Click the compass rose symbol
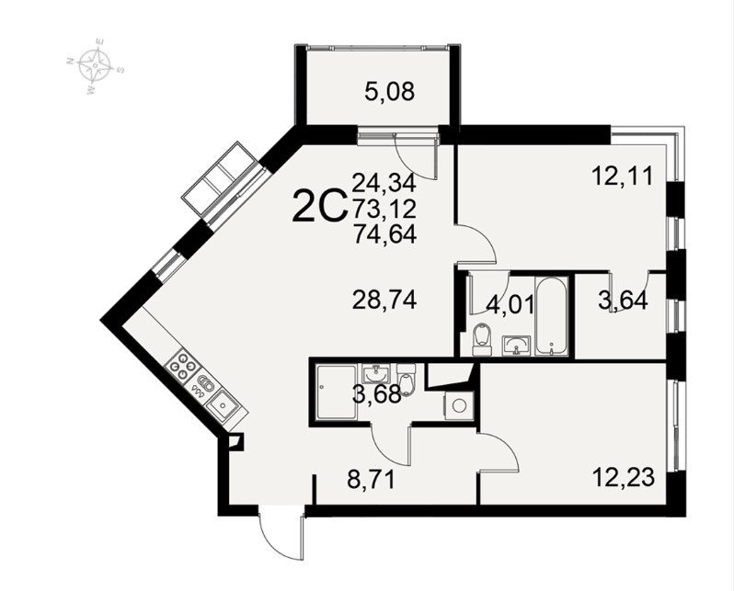tap(96, 66)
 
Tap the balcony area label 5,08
tap(389, 92)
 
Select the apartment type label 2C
tap(319, 208)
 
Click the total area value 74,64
tap(384, 234)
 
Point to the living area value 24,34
tap(384, 183)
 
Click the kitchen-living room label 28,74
tap(384, 300)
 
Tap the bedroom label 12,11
tap(622, 176)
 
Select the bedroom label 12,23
tap(623, 478)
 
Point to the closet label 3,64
tap(623, 301)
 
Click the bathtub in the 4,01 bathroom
tap(553, 316)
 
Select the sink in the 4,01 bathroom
tap(517, 346)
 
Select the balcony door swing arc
tap(415, 158)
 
